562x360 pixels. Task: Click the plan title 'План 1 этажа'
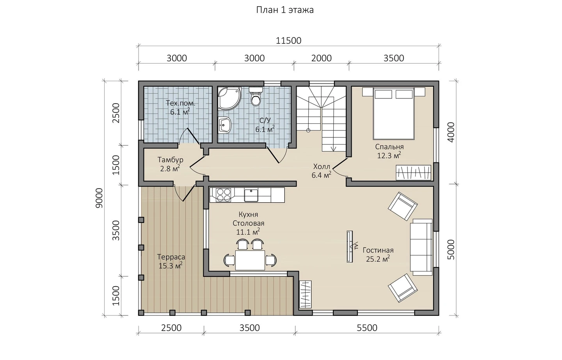point(285,10)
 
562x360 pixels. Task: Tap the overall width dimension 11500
point(288,41)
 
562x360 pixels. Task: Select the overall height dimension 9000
point(100,198)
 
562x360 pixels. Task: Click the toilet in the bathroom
point(256,96)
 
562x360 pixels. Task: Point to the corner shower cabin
point(229,99)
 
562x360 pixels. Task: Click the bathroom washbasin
point(224,125)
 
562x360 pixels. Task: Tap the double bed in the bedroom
point(393,114)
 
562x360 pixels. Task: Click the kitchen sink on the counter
point(251,195)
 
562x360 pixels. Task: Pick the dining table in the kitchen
point(250,260)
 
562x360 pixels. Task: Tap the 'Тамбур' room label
point(170,160)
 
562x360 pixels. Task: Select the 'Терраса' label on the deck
point(171,257)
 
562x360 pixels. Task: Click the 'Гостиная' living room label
point(378,250)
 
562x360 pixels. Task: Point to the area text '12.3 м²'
point(389,155)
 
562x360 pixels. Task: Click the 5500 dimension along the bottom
point(367,328)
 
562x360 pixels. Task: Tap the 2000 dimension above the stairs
point(322,58)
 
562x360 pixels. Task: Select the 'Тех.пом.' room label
point(180,103)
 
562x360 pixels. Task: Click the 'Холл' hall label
point(322,166)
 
